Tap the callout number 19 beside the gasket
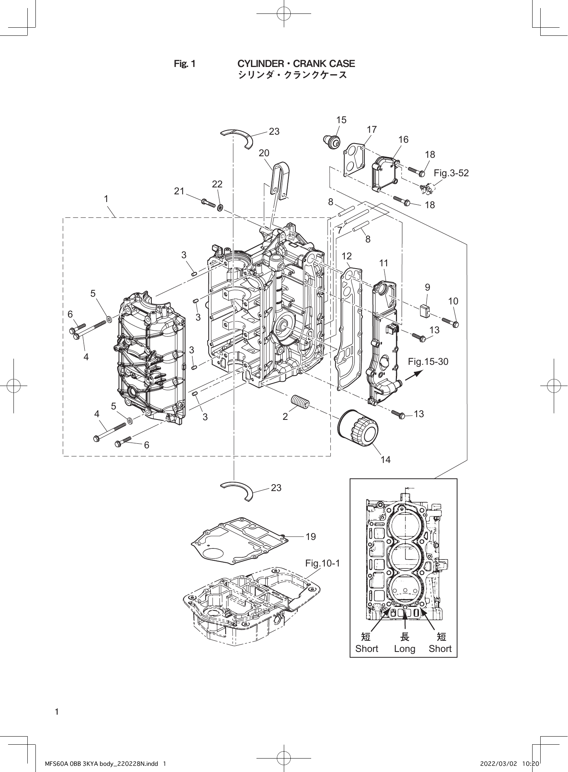click(311, 536)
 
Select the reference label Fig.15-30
click(428, 361)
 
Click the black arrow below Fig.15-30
click(414, 375)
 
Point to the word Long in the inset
click(404, 648)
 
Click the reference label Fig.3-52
click(451, 173)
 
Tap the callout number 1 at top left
click(106, 199)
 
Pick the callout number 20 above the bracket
click(264, 153)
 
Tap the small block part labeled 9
click(426, 311)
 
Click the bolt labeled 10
click(450, 322)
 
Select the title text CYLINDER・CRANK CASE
click(296, 63)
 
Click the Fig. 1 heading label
click(185, 64)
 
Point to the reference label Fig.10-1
click(322, 563)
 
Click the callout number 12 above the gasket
click(346, 256)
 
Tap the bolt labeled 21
click(208, 202)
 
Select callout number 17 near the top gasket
click(371, 130)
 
